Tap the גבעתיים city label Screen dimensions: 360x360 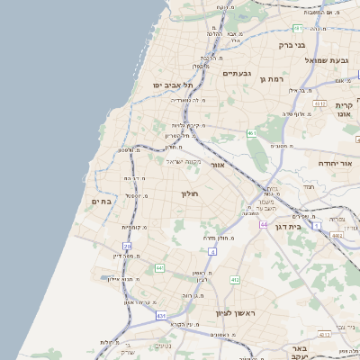[x=236, y=73]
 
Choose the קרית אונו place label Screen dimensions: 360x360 [x=342, y=110]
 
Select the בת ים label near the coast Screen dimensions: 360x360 [x=101, y=202]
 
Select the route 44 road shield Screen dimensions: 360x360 [x=264, y=224]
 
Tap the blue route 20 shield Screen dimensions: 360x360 [x=128, y=246]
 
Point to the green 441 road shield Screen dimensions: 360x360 [x=159, y=267]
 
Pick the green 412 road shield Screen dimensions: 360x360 [x=235, y=281]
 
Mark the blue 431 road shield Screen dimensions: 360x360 [x=161, y=316]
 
